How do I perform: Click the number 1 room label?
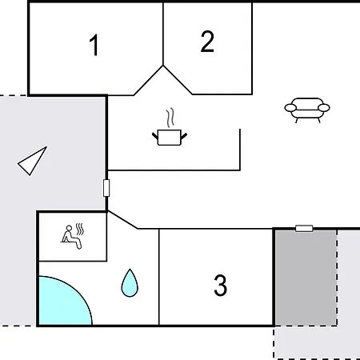click(x=94, y=45)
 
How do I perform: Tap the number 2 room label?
click(x=207, y=42)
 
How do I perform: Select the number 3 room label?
click(x=221, y=286)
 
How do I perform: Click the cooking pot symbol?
click(x=170, y=138)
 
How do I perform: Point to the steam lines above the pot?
click(x=170, y=118)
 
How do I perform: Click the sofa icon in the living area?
click(x=307, y=110)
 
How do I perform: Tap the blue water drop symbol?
click(x=130, y=283)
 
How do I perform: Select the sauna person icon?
click(x=71, y=237)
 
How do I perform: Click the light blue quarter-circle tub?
click(x=62, y=302)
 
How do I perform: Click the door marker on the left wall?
click(x=106, y=188)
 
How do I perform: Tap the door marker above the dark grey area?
click(x=304, y=229)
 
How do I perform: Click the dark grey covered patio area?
click(x=306, y=278)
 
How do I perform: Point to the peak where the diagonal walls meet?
click(x=163, y=66)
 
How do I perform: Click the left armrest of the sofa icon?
click(x=290, y=108)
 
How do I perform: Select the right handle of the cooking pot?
click(x=184, y=136)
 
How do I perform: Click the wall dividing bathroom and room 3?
click(x=159, y=277)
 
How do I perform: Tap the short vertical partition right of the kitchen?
click(x=240, y=150)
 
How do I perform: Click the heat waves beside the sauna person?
click(x=80, y=229)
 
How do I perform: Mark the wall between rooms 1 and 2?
click(x=163, y=34)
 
